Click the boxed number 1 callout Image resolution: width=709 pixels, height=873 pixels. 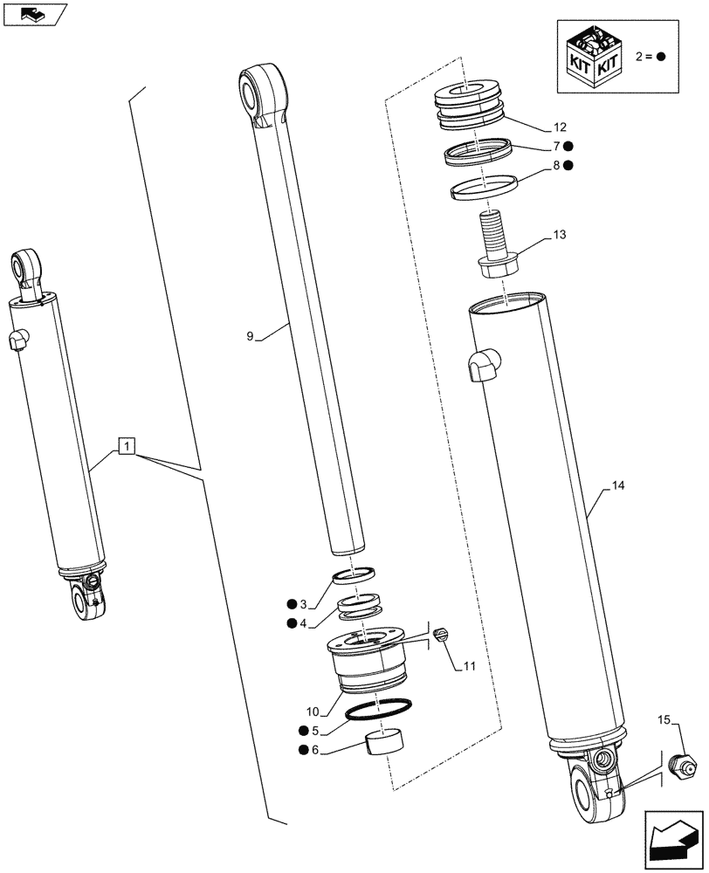coord(127,448)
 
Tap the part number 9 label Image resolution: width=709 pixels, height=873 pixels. coord(251,334)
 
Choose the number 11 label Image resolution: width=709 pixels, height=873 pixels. coord(469,666)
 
